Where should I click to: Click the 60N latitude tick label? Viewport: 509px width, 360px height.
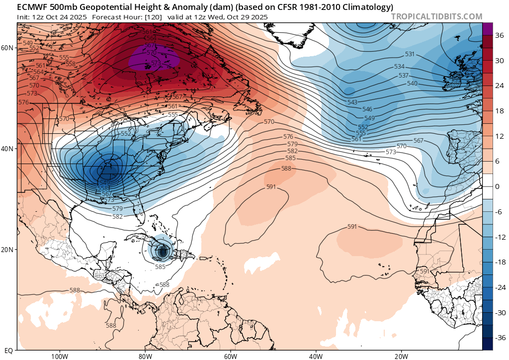7,48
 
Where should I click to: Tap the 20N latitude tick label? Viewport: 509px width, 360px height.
7,250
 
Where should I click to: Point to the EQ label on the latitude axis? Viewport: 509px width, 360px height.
8,351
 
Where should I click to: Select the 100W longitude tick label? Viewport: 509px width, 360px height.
59,356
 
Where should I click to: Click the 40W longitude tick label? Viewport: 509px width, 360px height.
316,356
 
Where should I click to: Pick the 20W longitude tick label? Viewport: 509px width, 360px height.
402,356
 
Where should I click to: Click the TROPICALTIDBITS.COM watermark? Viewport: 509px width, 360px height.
436,16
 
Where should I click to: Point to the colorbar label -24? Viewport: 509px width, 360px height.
499,287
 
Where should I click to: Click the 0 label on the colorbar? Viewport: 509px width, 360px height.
497,186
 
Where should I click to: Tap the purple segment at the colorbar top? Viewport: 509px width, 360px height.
487,28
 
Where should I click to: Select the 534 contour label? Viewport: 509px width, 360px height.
399,67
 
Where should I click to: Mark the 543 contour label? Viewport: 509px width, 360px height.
352,102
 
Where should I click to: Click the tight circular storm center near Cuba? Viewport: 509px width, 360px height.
163,252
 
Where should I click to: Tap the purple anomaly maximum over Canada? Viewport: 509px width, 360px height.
154,61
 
